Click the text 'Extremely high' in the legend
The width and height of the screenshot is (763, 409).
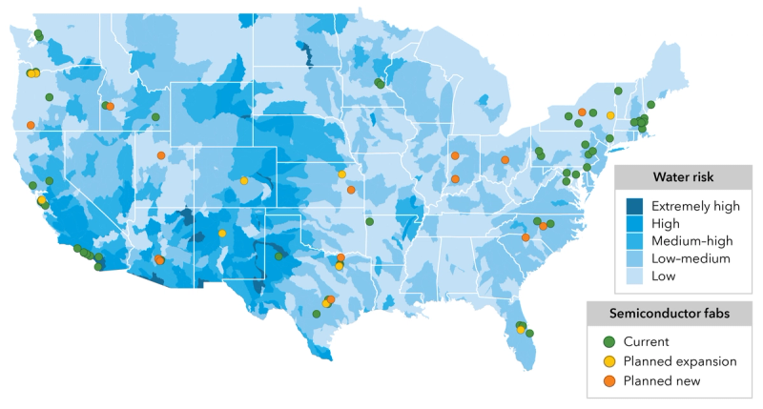click(x=695, y=205)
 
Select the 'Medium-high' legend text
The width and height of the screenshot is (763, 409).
click(x=691, y=240)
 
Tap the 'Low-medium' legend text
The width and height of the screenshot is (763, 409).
click(x=691, y=258)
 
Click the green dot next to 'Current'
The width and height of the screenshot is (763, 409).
click(x=608, y=341)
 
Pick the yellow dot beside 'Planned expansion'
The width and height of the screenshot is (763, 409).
click(x=608, y=361)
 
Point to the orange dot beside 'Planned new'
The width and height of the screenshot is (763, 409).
click(x=608, y=381)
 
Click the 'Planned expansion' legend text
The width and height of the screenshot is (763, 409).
click(x=680, y=361)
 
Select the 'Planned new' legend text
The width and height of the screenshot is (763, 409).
click(x=662, y=381)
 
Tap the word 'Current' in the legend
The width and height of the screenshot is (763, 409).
click(x=647, y=341)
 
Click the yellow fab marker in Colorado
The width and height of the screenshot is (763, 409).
click(x=244, y=180)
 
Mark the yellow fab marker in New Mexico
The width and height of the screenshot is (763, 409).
click(x=222, y=233)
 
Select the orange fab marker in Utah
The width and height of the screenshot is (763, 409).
click(x=161, y=155)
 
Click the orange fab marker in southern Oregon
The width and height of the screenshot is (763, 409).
click(x=31, y=125)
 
